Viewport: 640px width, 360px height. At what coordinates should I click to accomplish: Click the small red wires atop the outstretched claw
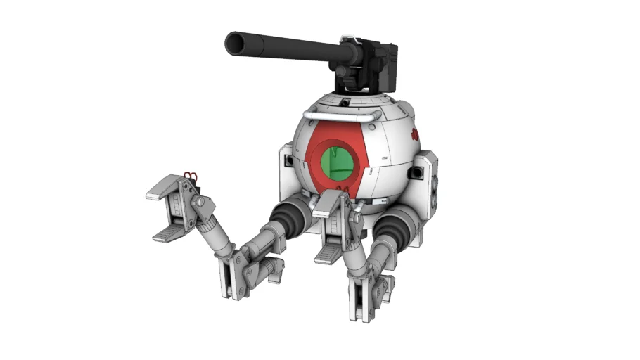coord(189,174)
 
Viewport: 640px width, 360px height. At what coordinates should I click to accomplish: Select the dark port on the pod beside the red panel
coord(287,161)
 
